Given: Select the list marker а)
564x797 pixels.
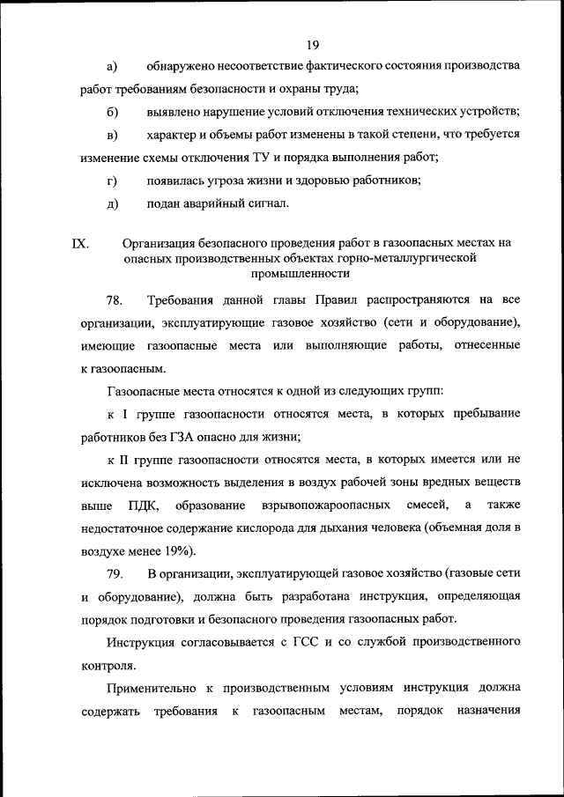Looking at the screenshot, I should (112, 67).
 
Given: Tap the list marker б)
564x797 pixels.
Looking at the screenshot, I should (112, 113).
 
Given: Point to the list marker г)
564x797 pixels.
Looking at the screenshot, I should (112, 181).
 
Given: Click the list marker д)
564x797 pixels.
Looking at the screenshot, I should (112, 204).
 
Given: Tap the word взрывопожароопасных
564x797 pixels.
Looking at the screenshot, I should (314, 506).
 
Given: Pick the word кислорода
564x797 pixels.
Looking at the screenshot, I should (271, 528).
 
